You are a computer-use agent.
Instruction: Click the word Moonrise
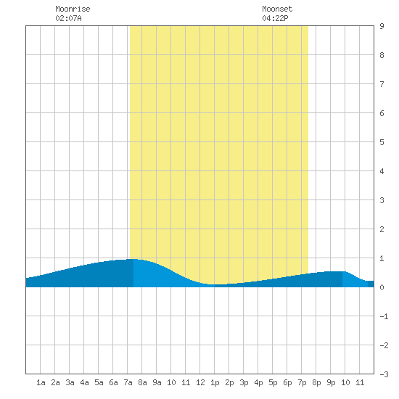[x=73, y=9]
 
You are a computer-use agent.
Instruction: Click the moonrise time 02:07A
[x=68, y=18]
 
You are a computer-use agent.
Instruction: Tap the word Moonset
[x=277, y=9]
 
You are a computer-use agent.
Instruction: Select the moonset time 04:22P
[x=275, y=18]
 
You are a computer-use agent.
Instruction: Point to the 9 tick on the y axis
[x=382, y=26]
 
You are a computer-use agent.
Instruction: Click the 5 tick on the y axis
[x=382, y=142]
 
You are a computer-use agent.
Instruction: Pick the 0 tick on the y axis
[x=382, y=287]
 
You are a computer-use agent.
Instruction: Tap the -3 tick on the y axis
[x=384, y=374]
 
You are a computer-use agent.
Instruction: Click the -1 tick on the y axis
[x=384, y=316]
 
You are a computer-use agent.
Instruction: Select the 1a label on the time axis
[x=41, y=382]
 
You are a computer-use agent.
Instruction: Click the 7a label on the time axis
[x=128, y=382]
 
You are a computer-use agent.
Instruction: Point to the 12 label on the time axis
[x=200, y=382]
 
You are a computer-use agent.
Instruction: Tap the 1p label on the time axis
[x=215, y=382]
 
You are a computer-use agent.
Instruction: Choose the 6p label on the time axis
[x=287, y=382]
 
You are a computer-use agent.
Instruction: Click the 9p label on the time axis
[x=331, y=382]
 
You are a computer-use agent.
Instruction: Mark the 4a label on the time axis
[x=84, y=382]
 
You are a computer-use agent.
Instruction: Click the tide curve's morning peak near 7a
[x=133, y=259]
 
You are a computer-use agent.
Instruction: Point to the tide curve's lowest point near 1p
[x=218, y=284]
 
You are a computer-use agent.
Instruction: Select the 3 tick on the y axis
[x=382, y=200]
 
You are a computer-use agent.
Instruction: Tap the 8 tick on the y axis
[x=382, y=55]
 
